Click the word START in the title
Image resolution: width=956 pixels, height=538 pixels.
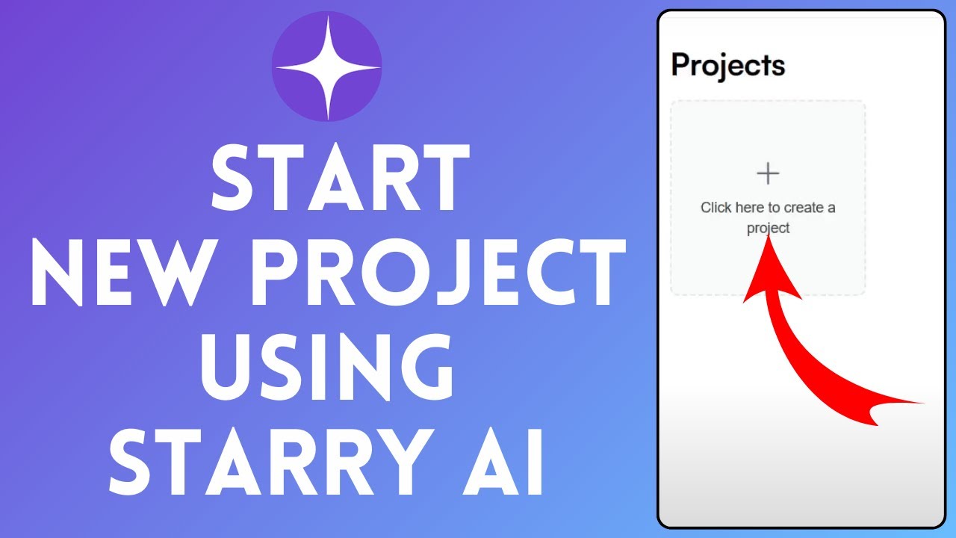tap(340, 178)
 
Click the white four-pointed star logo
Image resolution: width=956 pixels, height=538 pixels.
tap(326, 67)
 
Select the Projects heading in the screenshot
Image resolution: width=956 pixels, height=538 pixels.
tap(728, 66)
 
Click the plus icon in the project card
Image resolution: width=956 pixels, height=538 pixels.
tap(768, 174)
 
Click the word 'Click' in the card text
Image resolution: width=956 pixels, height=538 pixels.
tap(716, 208)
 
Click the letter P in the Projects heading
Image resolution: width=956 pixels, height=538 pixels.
tap(680, 66)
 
